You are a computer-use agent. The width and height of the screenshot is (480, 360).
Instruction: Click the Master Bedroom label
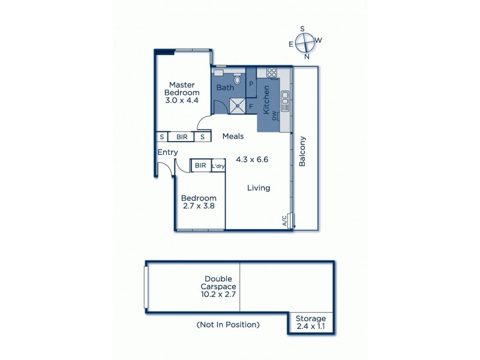182,89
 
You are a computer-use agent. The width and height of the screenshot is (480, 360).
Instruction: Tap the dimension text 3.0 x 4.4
182,101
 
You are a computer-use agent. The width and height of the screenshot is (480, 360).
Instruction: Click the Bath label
225,88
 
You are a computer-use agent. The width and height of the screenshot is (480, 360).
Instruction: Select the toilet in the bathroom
238,79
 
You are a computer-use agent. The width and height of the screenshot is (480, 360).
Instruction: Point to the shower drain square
238,106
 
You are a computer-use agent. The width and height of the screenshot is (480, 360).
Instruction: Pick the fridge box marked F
251,106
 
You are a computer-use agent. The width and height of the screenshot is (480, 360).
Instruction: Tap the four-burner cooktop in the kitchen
271,73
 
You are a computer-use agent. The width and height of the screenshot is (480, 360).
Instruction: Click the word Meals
233,137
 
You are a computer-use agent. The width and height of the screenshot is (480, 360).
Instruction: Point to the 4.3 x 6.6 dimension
252,160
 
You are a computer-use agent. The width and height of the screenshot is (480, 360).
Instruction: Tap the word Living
259,188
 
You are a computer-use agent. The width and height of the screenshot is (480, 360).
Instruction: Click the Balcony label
303,152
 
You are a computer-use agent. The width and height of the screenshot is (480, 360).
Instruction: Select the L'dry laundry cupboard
218,166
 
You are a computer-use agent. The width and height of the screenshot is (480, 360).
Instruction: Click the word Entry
167,152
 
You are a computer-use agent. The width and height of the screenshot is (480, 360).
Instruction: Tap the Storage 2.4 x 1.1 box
311,322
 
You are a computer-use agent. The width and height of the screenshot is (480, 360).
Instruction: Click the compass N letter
307,57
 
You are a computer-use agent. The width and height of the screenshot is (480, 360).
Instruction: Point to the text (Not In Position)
228,325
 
